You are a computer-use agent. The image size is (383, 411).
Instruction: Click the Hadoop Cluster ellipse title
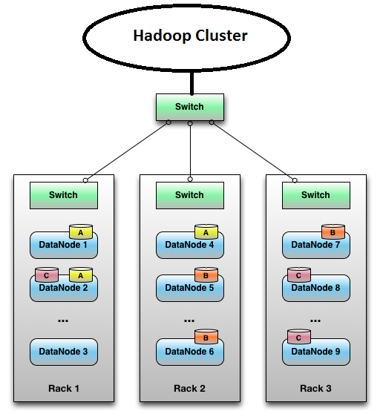coord(189,36)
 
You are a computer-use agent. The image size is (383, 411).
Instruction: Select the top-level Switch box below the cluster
coord(189,107)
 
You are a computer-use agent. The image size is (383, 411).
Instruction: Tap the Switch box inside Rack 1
coord(63,195)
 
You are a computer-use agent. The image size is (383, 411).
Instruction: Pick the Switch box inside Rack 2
coord(189,195)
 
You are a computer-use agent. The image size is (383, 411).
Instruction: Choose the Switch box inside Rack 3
coord(315,195)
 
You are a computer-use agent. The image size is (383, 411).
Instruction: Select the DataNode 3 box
coord(63,352)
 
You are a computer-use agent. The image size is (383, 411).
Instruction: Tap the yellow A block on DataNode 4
coord(206,232)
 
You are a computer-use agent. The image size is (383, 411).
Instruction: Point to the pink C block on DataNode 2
coord(46,275)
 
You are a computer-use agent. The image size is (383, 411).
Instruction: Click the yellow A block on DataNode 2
coord(79,275)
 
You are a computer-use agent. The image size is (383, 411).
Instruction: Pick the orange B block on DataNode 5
coord(206,275)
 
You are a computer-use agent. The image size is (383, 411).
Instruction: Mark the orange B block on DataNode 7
coord(332,232)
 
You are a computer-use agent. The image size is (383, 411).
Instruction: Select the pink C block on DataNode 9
coord(298,338)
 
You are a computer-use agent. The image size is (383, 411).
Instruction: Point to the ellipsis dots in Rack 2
coord(189,320)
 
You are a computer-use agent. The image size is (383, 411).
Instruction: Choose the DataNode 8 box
coord(315,288)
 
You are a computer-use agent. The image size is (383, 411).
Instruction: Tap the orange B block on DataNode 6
coord(206,338)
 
